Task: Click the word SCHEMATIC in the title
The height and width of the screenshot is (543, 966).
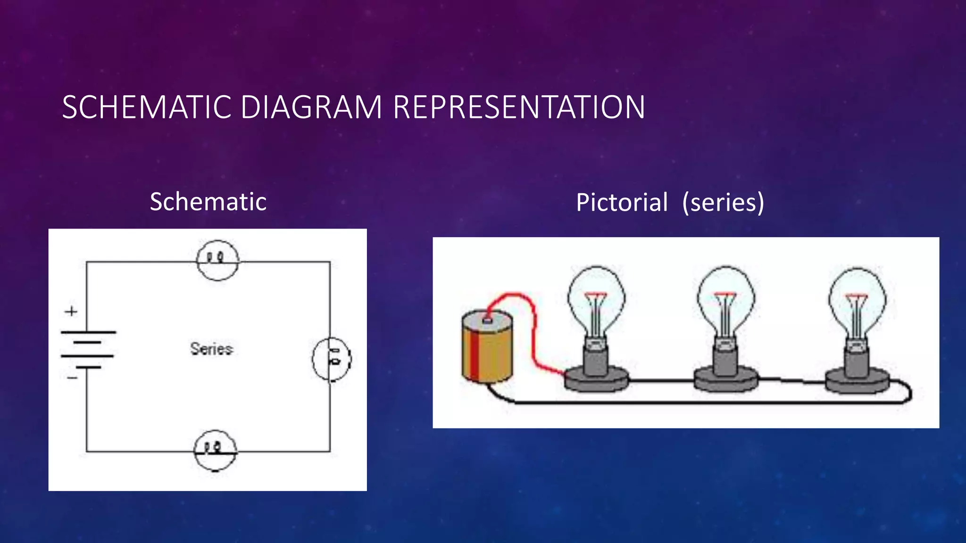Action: [x=146, y=107]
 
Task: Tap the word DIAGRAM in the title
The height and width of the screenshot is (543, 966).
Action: [x=311, y=107]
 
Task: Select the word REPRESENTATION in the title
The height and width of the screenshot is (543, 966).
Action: [x=518, y=107]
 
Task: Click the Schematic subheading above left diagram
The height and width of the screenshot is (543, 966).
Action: [x=208, y=202]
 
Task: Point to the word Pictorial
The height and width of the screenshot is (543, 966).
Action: [x=622, y=203]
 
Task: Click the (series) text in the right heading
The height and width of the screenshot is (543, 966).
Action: [x=723, y=203]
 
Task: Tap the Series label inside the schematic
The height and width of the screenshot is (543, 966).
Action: [x=211, y=349]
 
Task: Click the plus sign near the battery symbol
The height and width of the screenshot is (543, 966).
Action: [x=71, y=311]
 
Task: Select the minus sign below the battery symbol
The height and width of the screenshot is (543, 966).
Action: [x=72, y=378]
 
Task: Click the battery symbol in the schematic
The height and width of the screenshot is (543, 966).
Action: [x=88, y=349]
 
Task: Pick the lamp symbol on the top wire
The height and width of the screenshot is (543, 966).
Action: [x=217, y=260]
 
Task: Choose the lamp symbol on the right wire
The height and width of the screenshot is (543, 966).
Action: [x=332, y=359]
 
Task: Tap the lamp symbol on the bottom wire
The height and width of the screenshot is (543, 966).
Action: [x=216, y=450]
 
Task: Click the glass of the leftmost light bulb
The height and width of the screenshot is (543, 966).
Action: [x=596, y=302]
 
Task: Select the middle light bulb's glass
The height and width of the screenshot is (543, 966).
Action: [x=725, y=302]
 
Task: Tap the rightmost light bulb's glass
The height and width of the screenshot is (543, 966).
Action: [x=857, y=302]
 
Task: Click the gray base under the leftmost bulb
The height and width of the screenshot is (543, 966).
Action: [x=597, y=379]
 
